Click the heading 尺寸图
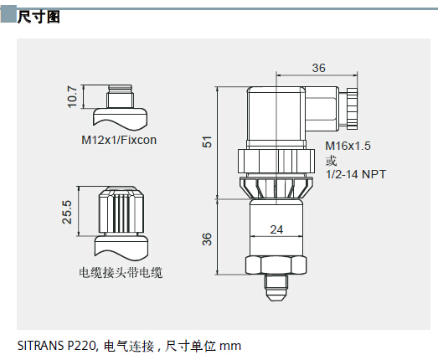[x=39, y=17]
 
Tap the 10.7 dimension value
[x=72, y=96]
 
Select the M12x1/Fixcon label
[x=119, y=140]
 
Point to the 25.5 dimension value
[x=67, y=212]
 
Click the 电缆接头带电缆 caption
[x=121, y=273]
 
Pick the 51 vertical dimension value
[x=207, y=141]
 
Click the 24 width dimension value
[x=276, y=229]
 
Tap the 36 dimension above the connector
[x=319, y=68]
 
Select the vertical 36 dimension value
[x=207, y=239]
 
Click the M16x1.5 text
[x=348, y=146]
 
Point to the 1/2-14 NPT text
[x=356, y=174]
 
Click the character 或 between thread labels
[x=331, y=161]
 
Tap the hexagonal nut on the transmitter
[x=276, y=265]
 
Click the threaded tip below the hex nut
[x=276, y=288]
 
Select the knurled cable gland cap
[x=353, y=108]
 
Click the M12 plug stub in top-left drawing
[x=120, y=96]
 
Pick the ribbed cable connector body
[x=121, y=211]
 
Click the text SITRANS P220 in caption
[x=57, y=346]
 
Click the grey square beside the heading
[x=8, y=14]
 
